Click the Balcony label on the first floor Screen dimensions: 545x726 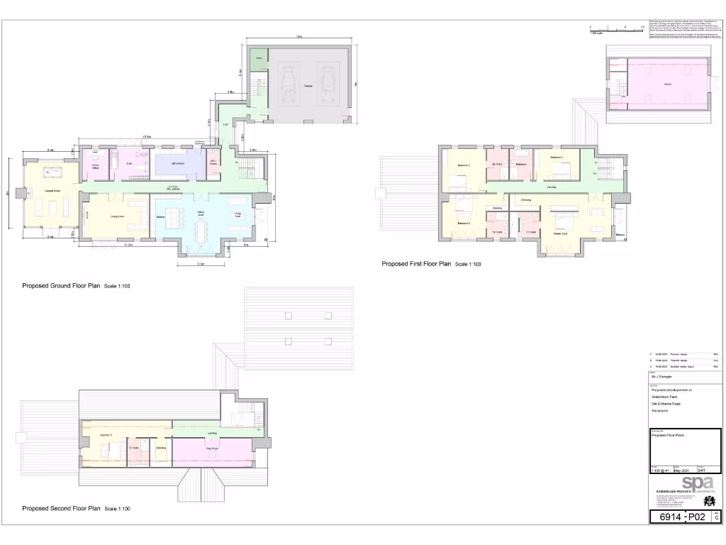pos(620,236)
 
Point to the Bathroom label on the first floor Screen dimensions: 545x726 pos(521,164)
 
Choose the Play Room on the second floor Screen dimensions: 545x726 pos(211,449)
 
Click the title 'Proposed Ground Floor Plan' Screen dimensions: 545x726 pos(62,286)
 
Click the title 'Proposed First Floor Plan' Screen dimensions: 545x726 pos(416,264)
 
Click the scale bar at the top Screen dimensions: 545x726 pos(615,29)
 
